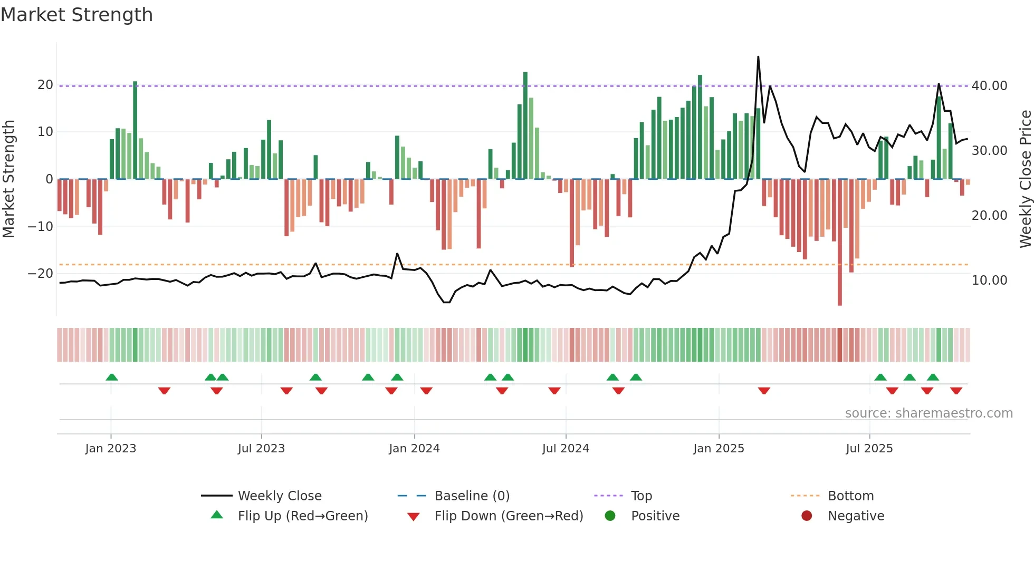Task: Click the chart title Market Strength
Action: pyautogui.click(x=77, y=15)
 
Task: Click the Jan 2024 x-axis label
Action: pyautogui.click(x=414, y=449)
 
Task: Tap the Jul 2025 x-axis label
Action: pyautogui.click(x=869, y=449)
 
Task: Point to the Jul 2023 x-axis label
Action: pyautogui.click(x=261, y=449)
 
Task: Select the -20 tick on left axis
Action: pyautogui.click(x=41, y=274)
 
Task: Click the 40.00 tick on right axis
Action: pyautogui.click(x=989, y=86)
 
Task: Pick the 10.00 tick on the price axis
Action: pyautogui.click(x=989, y=280)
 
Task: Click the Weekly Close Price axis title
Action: pyautogui.click(x=1025, y=179)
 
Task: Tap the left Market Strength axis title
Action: pyautogui.click(x=9, y=179)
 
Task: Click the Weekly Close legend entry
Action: pyautogui.click(x=280, y=496)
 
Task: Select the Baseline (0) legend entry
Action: pyautogui.click(x=472, y=496)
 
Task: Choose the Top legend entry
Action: pyautogui.click(x=642, y=496)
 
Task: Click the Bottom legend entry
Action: pyautogui.click(x=850, y=496)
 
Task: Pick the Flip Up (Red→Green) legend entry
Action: pyautogui.click(x=302, y=516)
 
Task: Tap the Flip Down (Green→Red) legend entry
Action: pyautogui.click(x=509, y=516)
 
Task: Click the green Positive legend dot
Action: pyautogui.click(x=610, y=516)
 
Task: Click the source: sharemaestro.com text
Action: pyautogui.click(x=928, y=413)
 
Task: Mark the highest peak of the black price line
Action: pyautogui.click(x=758, y=57)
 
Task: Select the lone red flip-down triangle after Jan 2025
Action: pyautogui.click(x=764, y=391)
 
